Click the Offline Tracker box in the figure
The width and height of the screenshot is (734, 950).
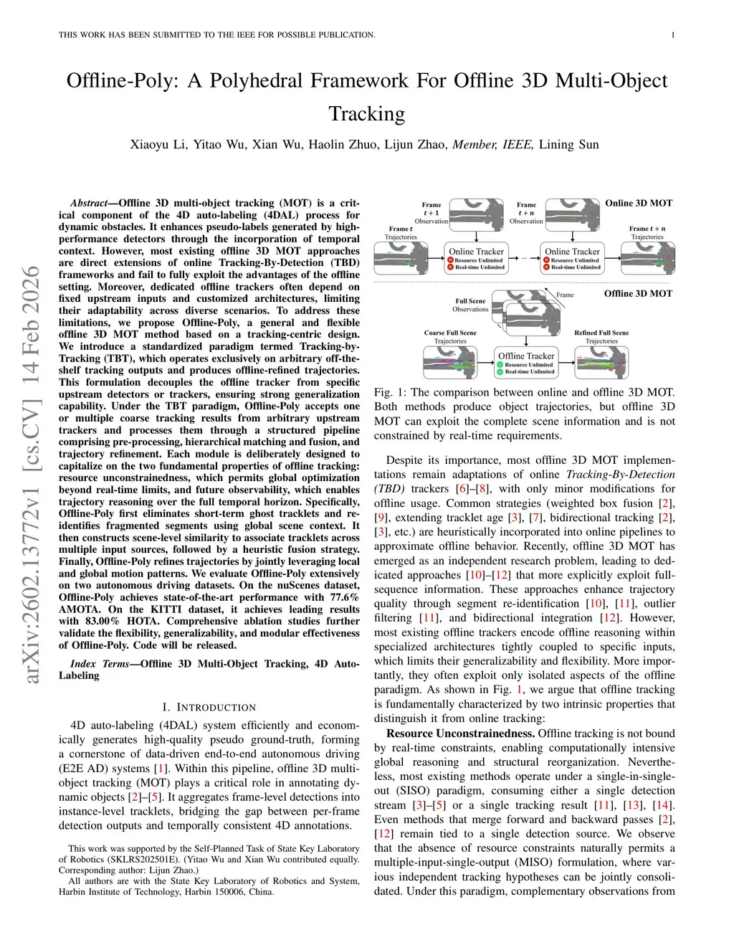pos(526,363)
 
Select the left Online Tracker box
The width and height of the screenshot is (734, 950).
pos(476,258)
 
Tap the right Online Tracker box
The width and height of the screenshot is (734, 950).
pos(572,258)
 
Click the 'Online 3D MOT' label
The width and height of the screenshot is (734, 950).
pos(639,203)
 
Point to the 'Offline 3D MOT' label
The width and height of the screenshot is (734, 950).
pos(638,293)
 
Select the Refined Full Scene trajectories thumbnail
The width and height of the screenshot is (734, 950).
pos(601,362)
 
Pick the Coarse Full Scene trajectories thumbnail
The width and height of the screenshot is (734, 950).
pos(449,362)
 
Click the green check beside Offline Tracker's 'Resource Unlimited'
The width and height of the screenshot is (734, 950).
pos(500,365)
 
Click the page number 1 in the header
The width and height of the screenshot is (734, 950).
pos(674,34)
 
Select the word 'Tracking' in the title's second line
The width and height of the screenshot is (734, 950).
pos(366,114)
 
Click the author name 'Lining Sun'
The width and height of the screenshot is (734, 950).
pos(568,145)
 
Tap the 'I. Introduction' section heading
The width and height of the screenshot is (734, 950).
pos(209,707)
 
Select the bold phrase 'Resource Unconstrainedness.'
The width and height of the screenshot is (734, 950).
pos(460,733)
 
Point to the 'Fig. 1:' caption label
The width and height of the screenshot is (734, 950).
pos(391,392)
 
